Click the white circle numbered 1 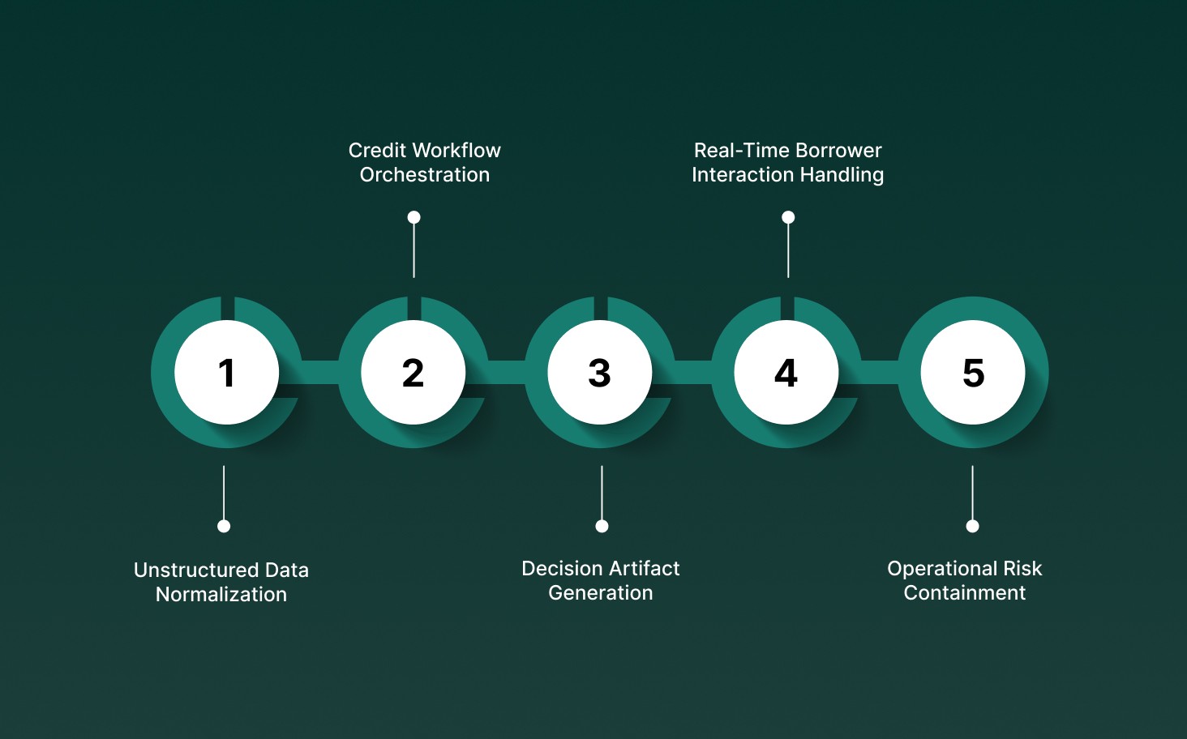click(227, 373)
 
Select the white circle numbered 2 click(414, 373)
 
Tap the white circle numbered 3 click(600, 373)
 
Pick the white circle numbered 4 click(786, 373)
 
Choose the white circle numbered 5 click(973, 373)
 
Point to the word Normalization click(221, 595)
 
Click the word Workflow click(458, 151)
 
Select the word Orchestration click(425, 175)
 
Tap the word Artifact click(641, 569)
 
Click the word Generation click(601, 593)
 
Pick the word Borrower click(838, 151)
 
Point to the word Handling click(842, 175)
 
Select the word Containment click(965, 593)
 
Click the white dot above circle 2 click(414, 217)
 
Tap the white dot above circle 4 click(788, 217)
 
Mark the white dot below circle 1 click(224, 526)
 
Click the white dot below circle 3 click(602, 526)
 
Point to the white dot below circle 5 click(972, 526)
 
